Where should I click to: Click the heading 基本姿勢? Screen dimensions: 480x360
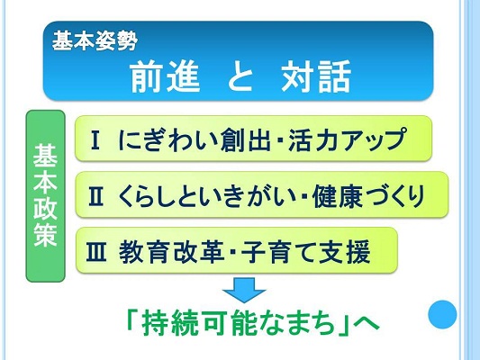[x=95, y=41]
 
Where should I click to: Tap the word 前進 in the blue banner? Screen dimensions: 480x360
[x=166, y=76]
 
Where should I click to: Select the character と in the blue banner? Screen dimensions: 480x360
[x=241, y=76]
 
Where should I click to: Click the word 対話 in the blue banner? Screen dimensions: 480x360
[x=316, y=76]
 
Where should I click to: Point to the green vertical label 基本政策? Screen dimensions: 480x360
[x=45, y=196]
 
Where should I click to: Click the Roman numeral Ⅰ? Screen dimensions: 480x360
[x=95, y=140]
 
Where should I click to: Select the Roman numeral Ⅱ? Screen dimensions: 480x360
[x=95, y=197]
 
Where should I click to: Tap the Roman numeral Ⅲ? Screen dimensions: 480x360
[x=96, y=252]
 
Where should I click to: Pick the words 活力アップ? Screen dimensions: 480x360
[x=348, y=140]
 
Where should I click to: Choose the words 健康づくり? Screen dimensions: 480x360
[x=368, y=196]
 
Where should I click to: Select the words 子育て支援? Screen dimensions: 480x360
[x=306, y=252]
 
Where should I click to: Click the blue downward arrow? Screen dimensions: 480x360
[x=244, y=290]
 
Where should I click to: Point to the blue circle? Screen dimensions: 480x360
[x=442, y=314]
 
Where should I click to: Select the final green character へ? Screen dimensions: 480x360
[x=366, y=324]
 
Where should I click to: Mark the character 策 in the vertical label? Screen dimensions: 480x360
[x=45, y=235]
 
